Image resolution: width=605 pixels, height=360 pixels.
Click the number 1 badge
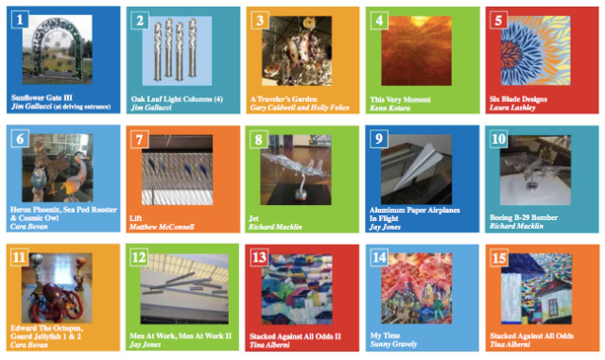point(20,19)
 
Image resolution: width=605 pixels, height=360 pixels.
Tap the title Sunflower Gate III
point(42,97)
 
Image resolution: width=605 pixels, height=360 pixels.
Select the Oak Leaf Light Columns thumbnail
point(177,50)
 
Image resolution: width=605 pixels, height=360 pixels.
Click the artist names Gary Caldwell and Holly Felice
point(300,108)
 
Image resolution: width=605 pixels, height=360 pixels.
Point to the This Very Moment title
point(400,99)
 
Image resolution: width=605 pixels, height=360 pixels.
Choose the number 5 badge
point(498,20)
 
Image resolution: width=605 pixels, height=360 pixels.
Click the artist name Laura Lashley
point(512,108)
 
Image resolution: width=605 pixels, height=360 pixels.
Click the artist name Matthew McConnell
point(162,227)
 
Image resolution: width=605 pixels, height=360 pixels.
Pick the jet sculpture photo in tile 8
point(296,170)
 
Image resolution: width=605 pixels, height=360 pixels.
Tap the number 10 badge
point(498,139)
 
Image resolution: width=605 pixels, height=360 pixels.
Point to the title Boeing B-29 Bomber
point(524,217)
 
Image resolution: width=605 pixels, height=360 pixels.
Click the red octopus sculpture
point(57,302)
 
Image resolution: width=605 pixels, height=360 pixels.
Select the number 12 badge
point(139,257)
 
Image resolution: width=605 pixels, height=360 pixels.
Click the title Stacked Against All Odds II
point(295,336)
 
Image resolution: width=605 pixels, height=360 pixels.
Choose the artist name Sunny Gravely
point(393,344)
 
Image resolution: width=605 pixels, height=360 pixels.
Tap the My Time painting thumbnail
point(416,288)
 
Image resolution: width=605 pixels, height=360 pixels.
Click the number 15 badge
point(499,258)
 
